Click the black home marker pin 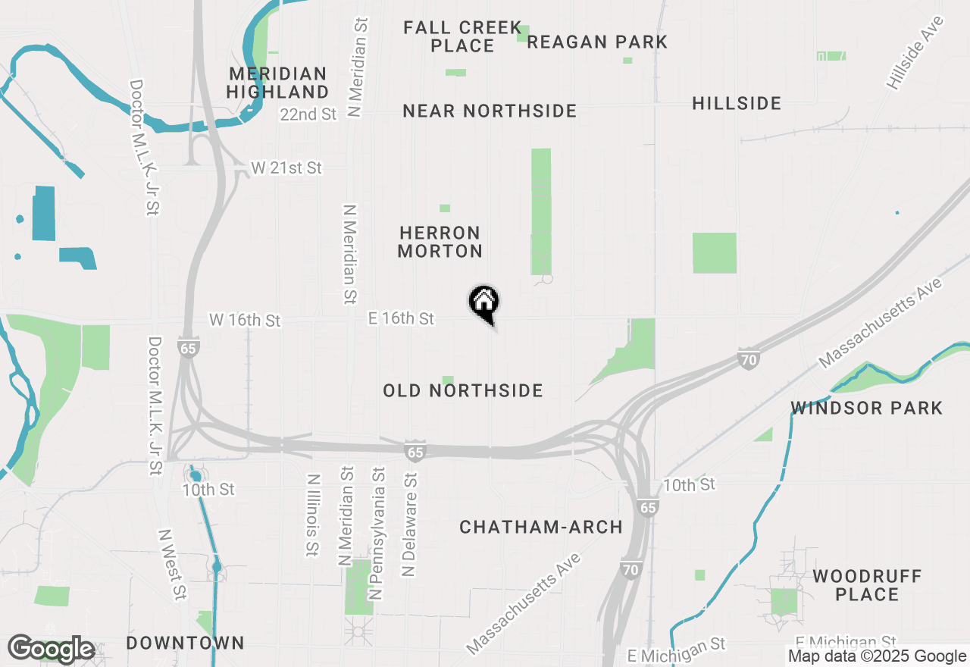(483, 303)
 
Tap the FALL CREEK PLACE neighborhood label (462, 36)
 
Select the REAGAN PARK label (597, 42)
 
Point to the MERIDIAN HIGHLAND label (277, 83)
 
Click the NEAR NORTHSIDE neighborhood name (490, 111)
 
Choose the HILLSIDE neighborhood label (737, 103)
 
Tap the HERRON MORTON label (440, 241)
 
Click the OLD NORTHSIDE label (463, 390)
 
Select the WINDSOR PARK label (867, 408)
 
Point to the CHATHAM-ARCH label (541, 527)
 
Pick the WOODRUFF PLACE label (867, 584)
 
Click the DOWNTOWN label (185, 643)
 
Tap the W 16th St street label (245, 321)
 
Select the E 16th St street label (401, 318)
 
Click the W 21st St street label (286, 168)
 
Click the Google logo (52, 649)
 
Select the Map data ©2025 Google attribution (877, 656)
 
